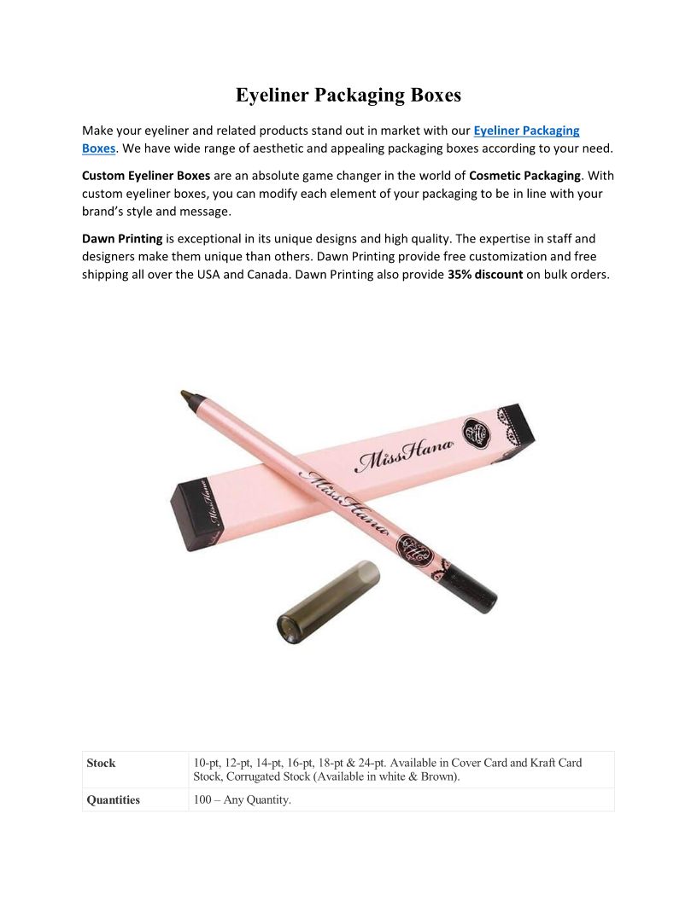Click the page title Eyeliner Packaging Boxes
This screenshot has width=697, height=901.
(348, 95)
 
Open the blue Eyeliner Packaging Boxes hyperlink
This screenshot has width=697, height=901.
(526, 131)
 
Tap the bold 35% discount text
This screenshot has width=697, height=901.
(484, 275)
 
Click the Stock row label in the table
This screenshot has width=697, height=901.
(101, 763)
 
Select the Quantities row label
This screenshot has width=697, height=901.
(113, 800)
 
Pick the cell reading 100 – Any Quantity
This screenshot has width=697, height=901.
(243, 800)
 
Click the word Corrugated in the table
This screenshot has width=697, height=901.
(257, 777)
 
